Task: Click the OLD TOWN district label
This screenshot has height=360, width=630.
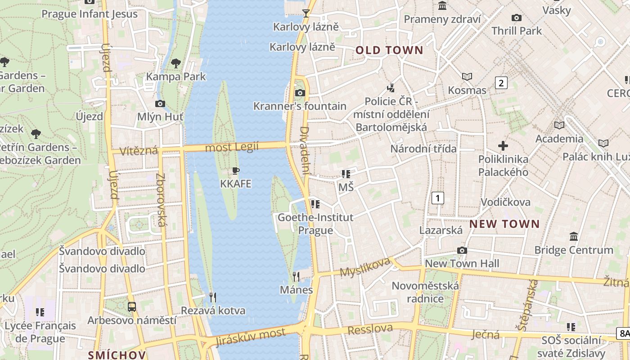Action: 390,50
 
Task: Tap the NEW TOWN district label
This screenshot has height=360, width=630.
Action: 504,224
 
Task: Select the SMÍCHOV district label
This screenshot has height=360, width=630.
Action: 117,355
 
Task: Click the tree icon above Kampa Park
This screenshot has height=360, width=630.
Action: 176,63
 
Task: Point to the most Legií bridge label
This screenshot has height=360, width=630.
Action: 232,147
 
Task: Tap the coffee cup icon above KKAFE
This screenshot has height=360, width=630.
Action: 235,171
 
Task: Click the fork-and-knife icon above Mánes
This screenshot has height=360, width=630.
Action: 296,276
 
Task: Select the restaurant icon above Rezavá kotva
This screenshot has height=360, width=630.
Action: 213,297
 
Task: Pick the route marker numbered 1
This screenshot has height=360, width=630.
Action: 437,198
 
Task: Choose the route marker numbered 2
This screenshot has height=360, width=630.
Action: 501,83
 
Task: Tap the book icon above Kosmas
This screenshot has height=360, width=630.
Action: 467,77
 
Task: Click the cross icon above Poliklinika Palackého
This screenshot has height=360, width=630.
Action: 503,146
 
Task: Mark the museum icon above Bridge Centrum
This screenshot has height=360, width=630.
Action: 574,236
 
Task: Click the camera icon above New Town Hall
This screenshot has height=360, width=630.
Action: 462,250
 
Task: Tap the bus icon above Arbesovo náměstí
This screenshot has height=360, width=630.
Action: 132,307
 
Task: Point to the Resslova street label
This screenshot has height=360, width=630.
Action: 370,329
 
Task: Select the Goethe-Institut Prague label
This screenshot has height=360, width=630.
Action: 316,224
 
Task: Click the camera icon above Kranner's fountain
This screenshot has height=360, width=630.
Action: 300,93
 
